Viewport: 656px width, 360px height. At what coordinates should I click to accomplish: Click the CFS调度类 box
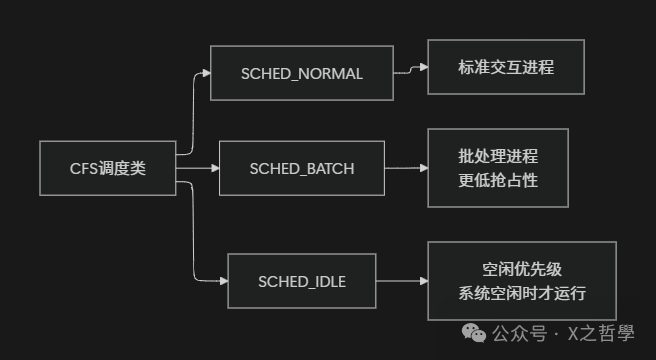coord(108,168)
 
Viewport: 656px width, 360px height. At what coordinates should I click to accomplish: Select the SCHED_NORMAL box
coord(301,73)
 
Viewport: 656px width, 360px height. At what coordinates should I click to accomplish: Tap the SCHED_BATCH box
coord(301,168)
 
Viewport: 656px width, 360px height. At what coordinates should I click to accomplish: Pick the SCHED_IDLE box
coord(301,281)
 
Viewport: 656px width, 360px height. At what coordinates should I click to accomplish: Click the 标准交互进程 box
coord(506,68)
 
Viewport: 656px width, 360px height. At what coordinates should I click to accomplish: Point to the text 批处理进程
coord(498,157)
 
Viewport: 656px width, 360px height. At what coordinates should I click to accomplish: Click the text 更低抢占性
coord(498,179)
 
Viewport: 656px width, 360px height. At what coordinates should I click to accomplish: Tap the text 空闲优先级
coord(521,270)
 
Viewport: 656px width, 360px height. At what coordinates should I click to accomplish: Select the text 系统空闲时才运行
coord(521,294)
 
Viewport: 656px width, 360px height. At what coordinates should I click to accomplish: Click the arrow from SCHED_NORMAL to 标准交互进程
coord(410,70)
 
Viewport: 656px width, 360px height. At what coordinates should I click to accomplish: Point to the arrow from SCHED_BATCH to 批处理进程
coord(406,168)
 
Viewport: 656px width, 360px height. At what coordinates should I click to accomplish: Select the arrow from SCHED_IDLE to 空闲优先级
coord(401,281)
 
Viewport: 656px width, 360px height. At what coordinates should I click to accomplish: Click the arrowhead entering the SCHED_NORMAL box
coord(205,73)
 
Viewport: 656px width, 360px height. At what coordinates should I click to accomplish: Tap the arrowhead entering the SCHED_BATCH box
coord(213,168)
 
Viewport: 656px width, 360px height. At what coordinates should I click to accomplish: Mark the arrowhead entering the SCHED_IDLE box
coord(222,281)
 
